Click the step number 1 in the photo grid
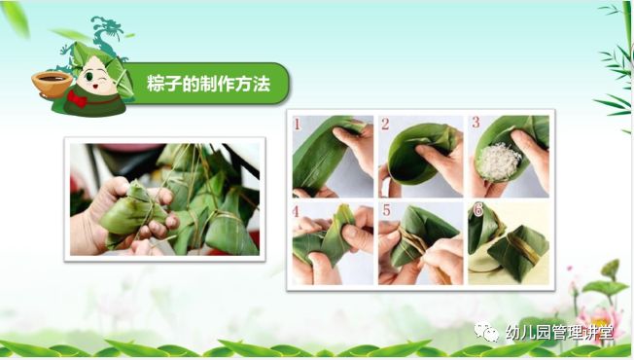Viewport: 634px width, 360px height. pyautogui.click(x=299, y=125)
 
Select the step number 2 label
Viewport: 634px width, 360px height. pyautogui.click(x=385, y=125)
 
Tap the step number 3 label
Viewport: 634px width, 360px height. pyautogui.click(x=475, y=124)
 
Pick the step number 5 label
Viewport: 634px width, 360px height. pyautogui.click(x=385, y=209)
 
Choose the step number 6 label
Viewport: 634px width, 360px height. pyautogui.click(x=476, y=209)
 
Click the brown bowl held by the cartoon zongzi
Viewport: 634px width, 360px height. pyautogui.click(x=52, y=83)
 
